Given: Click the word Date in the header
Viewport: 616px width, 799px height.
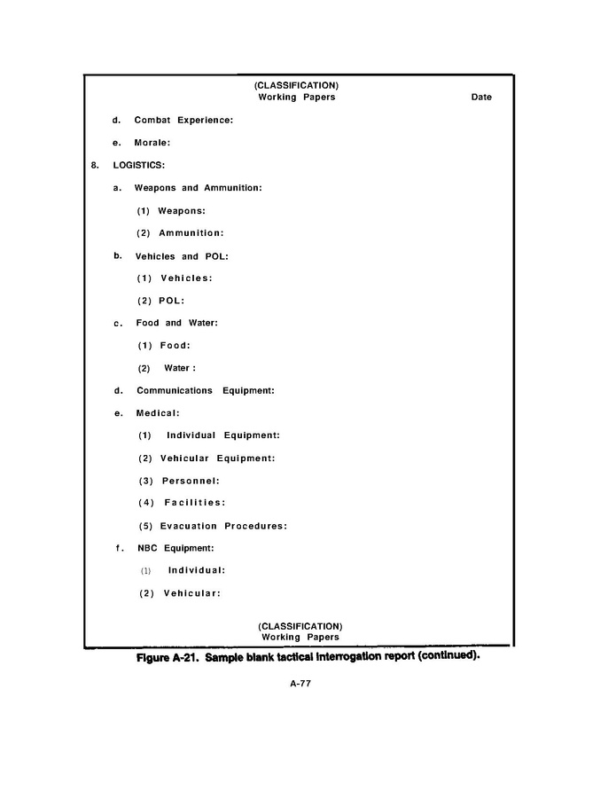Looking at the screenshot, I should tap(481, 98).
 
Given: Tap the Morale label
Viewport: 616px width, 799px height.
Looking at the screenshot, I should tap(152, 142).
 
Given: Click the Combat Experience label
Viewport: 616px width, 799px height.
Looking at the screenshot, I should tap(183, 120).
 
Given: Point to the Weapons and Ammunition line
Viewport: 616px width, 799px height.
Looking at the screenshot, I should tap(198, 188).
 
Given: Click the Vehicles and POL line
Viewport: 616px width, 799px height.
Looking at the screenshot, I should tap(182, 256).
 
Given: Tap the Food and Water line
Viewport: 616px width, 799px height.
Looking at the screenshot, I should tap(176, 324).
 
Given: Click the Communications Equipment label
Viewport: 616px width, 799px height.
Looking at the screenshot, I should tap(205, 391).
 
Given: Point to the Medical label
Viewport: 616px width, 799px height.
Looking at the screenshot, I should tap(158, 413).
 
